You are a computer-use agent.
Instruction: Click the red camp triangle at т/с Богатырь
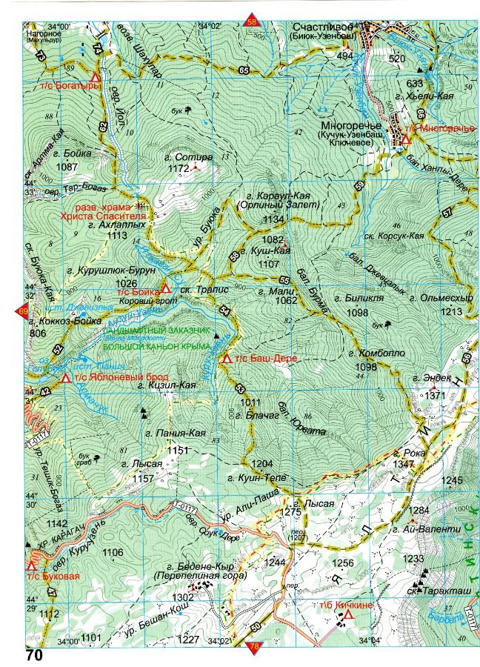(94, 78)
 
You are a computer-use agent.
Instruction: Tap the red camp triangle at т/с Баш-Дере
(227, 358)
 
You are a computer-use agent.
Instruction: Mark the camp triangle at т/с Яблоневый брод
(66, 379)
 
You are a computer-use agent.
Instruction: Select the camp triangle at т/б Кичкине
(347, 613)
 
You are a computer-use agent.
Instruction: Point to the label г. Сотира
(190, 157)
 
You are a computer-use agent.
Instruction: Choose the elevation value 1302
(182, 597)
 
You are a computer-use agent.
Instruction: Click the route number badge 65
(244, 70)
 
